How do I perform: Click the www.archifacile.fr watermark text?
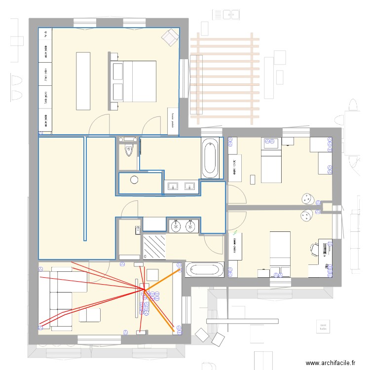coord(331,363)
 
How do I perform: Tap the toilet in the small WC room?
coord(130,150)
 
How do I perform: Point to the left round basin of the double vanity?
coord(177,226)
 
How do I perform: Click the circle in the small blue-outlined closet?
coord(135,180)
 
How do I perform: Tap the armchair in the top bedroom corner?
coord(171,36)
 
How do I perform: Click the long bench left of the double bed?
coord(83,80)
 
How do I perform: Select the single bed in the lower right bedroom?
coord(282,252)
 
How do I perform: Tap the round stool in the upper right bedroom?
coord(308,198)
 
